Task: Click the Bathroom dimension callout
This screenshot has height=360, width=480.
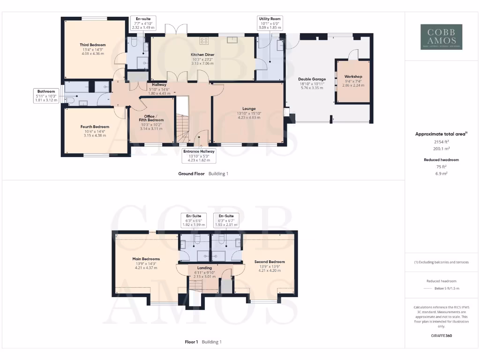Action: pos(46,95)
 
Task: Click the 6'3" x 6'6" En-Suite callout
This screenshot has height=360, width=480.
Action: pos(194,220)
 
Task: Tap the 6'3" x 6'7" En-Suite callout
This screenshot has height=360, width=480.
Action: pos(226,220)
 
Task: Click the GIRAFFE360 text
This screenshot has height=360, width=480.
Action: pos(441,336)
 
